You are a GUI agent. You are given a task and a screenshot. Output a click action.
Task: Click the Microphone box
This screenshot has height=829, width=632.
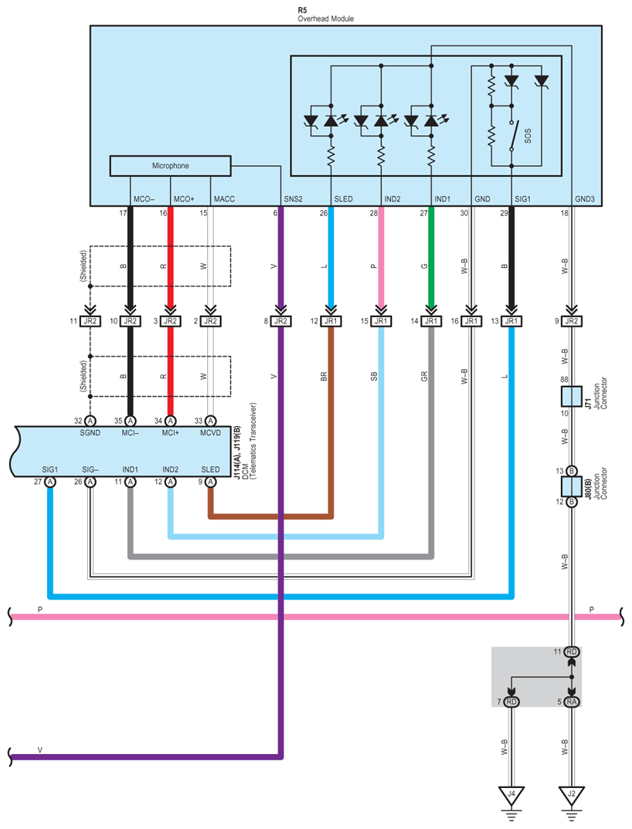pyautogui.click(x=170, y=165)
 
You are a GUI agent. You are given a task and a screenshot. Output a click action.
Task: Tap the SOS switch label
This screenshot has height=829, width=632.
pyautogui.click(x=528, y=137)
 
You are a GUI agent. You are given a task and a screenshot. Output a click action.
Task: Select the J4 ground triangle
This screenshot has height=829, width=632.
pyautogui.click(x=511, y=795)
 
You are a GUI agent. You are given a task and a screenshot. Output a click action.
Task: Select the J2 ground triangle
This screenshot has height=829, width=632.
pyautogui.click(x=571, y=795)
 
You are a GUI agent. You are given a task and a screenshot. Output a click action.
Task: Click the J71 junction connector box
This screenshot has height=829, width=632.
pyautogui.click(x=571, y=397)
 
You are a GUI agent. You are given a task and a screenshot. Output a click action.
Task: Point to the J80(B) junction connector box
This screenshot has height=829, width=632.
pyautogui.click(x=571, y=486)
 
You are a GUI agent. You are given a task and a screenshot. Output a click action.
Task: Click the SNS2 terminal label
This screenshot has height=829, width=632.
pyautogui.click(x=294, y=199)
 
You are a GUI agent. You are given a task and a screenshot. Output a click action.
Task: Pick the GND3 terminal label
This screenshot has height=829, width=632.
pyautogui.click(x=585, y=199)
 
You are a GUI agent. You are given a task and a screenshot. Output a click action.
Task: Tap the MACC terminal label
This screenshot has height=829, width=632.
pyautogui.click(x=224, y=199)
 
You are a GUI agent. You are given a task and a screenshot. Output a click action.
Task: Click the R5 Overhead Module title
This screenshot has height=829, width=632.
pyautogui.click(x=325, y=14)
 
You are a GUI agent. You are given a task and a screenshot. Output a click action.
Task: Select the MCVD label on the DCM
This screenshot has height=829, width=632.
pyautogui.click(x=210, y=433)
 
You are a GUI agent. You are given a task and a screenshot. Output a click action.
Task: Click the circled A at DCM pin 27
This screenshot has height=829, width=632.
pyautogui.click(x=49, y=482)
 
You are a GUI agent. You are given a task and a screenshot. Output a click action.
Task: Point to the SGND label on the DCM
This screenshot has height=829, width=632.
pyautogui.click(x=90, y=433)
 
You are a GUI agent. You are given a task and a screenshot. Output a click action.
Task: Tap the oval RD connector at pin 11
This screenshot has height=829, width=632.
pyautogui.click(x=571, y=652)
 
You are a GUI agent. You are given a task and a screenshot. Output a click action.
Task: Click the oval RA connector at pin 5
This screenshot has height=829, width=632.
pyautogui.click(x=571, y=702)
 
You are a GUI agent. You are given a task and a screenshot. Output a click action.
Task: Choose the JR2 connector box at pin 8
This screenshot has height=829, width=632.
pyautogui.click(x=281, y=321)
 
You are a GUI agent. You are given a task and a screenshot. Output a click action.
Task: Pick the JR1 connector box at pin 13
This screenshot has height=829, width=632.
pyautogui.click(x=511, y=321)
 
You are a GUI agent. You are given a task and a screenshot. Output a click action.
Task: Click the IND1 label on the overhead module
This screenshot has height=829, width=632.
pyautogui.click(x=443, y=199)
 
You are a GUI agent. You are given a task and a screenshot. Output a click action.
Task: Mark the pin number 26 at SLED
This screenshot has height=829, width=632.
pyautogui.click(x=324, y=213)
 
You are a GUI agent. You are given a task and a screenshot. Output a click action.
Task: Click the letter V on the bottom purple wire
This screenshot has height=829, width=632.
pyautogui.click(x=40, y=750)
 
